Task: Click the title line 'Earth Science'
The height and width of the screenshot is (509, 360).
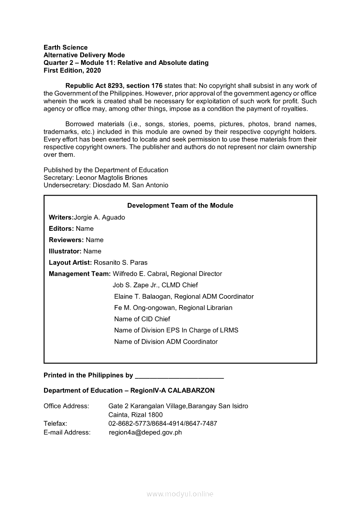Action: pos(65,47)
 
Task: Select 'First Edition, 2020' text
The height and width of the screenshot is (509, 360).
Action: pos(72,71)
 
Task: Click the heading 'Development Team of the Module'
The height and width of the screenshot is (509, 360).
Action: pos(180,206)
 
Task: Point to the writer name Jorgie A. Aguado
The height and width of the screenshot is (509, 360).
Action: pos(100,217)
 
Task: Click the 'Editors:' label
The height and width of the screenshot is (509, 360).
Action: pos(61,229)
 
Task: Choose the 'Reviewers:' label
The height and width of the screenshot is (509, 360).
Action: pos(66,240)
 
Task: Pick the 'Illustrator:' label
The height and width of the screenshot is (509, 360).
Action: pos(65,251)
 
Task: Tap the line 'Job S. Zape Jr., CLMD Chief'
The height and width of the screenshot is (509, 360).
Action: pos(155,285)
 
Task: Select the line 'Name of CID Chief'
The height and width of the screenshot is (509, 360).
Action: pos(142,319)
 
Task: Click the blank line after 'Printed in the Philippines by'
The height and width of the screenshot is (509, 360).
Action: pos(180,376)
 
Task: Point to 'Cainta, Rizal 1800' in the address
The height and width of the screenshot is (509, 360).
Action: pos(135,415)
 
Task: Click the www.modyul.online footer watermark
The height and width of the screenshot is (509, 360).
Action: pos(180,494)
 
